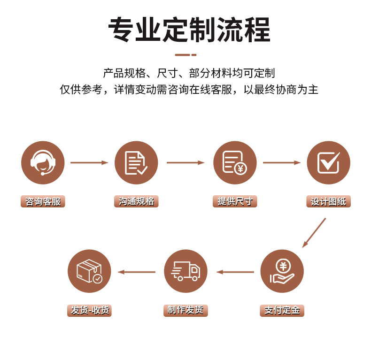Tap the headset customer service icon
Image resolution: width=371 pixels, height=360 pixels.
43,163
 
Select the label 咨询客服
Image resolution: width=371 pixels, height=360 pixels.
43,202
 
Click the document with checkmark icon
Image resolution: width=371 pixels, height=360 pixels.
136,163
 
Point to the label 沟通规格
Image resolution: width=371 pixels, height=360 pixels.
136,202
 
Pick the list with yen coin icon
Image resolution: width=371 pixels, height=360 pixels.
235,163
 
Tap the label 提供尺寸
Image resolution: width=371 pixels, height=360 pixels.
235,202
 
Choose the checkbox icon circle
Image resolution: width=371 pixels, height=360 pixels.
328,163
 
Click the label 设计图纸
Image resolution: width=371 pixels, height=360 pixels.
328,202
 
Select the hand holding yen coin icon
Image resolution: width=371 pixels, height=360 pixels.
282,271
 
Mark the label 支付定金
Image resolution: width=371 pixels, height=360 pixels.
282,310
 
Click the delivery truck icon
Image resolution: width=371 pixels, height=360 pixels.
185,271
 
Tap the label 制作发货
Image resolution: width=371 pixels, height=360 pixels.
185,310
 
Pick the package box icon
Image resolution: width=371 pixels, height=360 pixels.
89,271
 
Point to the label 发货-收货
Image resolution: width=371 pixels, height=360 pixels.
89,310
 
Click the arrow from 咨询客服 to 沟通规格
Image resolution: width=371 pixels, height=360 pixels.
89,163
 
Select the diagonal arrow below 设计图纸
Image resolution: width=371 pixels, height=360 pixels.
314,233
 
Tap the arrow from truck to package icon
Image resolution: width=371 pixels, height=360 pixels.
136,272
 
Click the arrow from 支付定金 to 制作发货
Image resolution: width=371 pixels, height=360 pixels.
235,272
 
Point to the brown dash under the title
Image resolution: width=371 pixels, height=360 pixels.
185,55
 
